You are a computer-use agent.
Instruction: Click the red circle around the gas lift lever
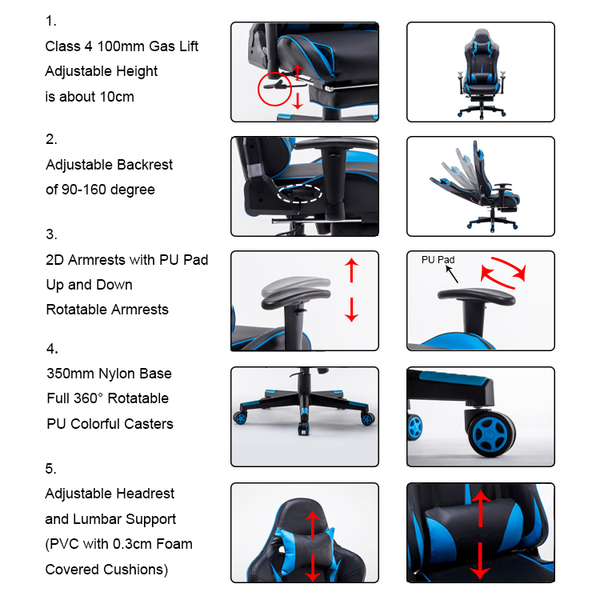click(x=258, y=89)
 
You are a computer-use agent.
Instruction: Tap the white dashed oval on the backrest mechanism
click(x=278, y=194)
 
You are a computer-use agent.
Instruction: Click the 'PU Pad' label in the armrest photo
click(x=438, y=260)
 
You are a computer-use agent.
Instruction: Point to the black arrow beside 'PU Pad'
click(x=452, y=274)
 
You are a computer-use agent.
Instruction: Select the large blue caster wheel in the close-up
click(x=491, y=434)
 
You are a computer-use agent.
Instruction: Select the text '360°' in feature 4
click(x=88, y=398)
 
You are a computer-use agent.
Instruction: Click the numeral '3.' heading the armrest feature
click(x=51, y=234)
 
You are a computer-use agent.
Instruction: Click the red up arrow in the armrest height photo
click(x=351, y=270)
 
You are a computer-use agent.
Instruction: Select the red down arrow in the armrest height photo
click(x=351, y=310)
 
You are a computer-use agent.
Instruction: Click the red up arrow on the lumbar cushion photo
click(x=481, y=509)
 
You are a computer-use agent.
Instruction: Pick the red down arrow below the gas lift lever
click(x=298, y=101)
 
